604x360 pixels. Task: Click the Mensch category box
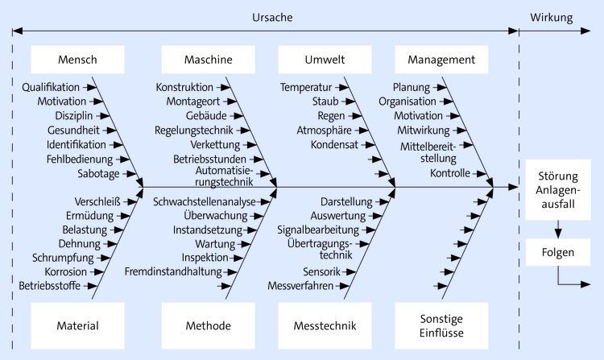click(x=77, y=60)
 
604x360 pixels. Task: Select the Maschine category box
click(x=208, y=60)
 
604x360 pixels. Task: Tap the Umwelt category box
click(x=325, y=60)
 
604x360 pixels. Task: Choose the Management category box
click(x=441, y=60)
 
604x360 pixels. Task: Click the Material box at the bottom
click(x=77, y=325)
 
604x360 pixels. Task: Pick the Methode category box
click(x=208, y=325)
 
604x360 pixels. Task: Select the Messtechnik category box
click(x=325, y=325)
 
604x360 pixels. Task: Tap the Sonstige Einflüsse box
click(x=441, y=325)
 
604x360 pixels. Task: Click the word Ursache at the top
click(x=267, y=16)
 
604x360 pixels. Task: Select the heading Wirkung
click(x=552, y=16)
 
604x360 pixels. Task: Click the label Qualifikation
click(x=51, y=87)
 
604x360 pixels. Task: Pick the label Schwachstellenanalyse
click(x=205, y=201)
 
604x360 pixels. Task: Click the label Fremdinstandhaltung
click(x=172, y=272)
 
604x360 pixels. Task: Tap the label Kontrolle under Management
click(x=449, y=173)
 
